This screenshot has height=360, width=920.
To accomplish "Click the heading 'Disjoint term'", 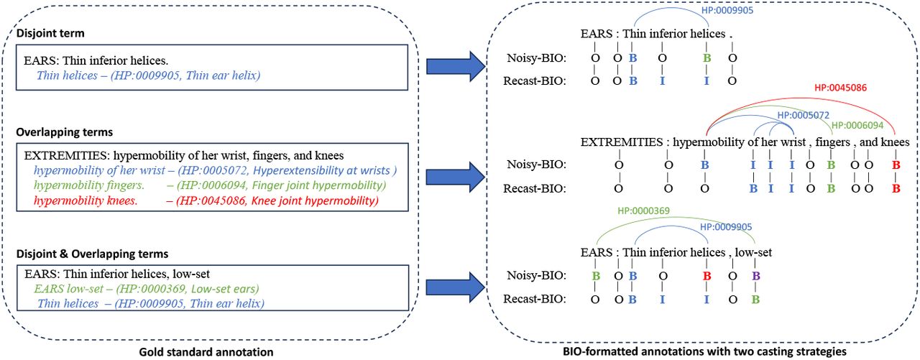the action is point(50,33).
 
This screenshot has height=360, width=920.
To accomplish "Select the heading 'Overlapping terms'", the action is point(65,132).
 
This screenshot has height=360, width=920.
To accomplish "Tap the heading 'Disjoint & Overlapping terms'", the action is point(93,254).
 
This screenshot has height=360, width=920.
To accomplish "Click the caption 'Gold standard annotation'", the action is point(206,352).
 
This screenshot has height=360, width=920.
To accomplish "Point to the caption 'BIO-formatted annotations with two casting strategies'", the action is point(704,351).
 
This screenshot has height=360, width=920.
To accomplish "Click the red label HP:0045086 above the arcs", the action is point(840,88).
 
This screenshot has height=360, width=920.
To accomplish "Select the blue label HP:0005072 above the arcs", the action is point(804,116).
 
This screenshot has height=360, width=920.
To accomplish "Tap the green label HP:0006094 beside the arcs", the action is point(857,126).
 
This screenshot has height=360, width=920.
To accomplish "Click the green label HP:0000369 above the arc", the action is point(643,211).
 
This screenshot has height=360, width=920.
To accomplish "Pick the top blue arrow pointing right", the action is point(456,66).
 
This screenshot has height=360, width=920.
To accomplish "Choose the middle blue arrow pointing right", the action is point(456,177).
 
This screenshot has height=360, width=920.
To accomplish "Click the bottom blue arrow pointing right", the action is point(456,287).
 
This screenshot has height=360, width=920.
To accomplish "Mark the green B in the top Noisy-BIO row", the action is point(707,58).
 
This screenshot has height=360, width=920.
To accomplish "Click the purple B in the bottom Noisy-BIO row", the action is point(755,276).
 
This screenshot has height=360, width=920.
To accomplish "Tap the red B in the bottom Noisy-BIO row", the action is point(707,276).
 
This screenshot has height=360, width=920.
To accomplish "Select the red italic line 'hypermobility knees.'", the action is point(86,200).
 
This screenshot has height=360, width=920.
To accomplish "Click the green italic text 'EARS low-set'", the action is point(68,289).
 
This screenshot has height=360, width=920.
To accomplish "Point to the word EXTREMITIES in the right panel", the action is point(622,142).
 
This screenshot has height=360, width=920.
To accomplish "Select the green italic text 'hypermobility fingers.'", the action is point(89,185).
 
